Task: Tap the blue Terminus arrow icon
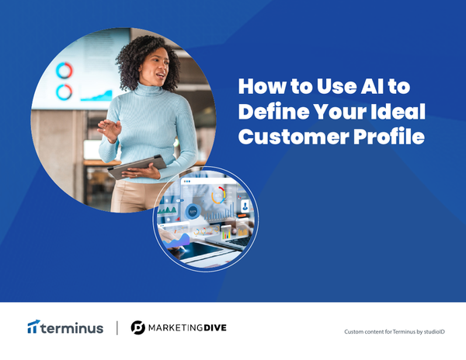[x=33, y=327]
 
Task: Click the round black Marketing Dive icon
[x=138, y=327]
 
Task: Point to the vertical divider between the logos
[x=116, y=327]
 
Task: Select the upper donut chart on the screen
[x=64, y=71]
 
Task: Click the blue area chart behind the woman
[x=97, y=95]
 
